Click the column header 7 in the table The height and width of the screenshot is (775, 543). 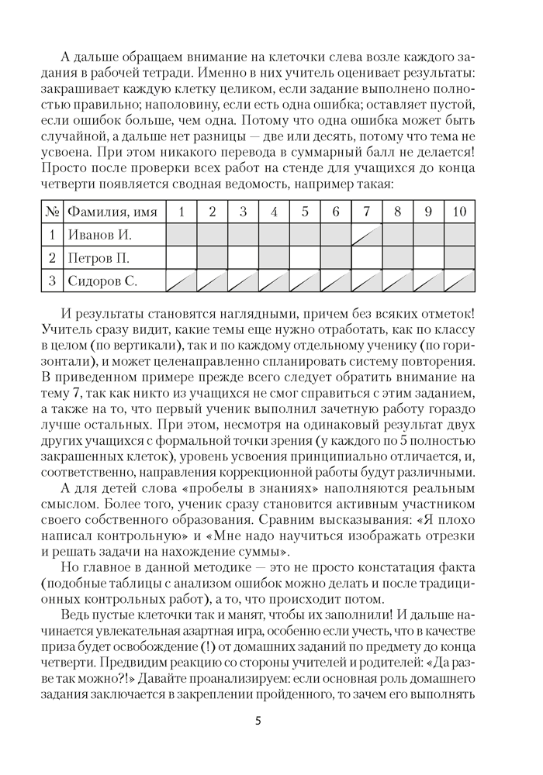[366, 212]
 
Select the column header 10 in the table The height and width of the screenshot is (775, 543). [459, 212]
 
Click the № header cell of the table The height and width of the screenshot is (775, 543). [52, 212]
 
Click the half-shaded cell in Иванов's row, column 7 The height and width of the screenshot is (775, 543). [366, 235]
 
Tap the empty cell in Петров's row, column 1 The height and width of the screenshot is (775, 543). [181, 258]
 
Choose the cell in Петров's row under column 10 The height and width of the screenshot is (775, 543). [459, 258]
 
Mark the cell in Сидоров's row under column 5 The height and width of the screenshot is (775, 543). [305, 281]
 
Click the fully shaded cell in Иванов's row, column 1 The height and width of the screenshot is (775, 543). [181, 235]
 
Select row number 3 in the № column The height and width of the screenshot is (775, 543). [52, 281]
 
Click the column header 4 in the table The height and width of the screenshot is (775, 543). [274, 212]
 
